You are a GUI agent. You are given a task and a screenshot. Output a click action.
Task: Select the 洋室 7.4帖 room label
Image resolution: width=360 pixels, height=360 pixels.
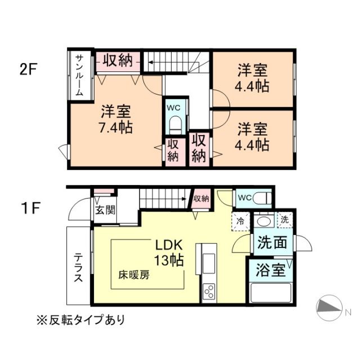click(116, 119)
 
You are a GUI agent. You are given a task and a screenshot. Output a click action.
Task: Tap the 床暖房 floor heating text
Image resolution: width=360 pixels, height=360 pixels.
click(133, 276)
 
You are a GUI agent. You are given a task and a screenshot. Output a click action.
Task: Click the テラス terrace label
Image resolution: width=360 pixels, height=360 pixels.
click(78, 267)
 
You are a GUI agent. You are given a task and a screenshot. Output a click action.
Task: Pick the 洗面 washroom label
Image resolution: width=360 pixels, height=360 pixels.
click(272, 243)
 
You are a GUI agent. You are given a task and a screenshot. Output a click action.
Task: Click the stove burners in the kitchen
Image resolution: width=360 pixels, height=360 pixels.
click(209, 291)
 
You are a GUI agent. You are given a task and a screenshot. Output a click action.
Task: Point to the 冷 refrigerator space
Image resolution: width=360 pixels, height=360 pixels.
click(240, 220)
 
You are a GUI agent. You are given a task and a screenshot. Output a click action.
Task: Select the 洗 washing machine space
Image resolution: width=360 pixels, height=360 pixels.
click(284, 219)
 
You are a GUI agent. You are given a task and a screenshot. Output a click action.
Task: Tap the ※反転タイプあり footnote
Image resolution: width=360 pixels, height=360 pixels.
click(81, 320)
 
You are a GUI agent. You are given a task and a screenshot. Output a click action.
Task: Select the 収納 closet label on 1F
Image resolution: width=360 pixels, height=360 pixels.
click(201, 198)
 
